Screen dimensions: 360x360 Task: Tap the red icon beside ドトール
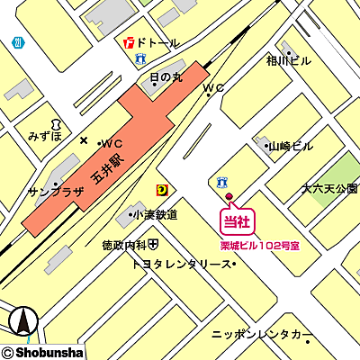130,42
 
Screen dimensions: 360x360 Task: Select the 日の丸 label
166,77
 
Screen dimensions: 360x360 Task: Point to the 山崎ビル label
291,146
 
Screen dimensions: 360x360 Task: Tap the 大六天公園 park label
329,189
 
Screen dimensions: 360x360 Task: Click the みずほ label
44,136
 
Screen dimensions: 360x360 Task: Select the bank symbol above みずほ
55,121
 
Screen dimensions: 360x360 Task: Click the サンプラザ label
56,192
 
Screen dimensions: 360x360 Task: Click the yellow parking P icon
162,189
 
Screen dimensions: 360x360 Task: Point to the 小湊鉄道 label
153,215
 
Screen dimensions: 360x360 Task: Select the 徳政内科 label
124,244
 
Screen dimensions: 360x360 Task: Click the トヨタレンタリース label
180,265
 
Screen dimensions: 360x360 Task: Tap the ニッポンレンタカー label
262,334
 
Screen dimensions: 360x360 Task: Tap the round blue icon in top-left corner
18,42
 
